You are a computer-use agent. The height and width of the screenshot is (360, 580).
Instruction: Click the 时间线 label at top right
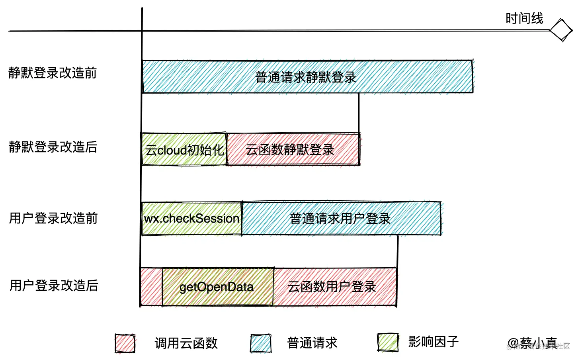[524, 18]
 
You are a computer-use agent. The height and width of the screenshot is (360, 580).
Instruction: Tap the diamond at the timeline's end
[561, 30]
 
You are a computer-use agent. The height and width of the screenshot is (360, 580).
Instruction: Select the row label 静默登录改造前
[53, 73]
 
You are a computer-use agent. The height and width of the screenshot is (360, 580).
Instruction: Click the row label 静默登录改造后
[53, 147]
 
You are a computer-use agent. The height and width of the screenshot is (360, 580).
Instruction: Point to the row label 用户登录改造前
[53, 218]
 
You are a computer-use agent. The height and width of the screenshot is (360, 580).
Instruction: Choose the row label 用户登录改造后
[54, 286]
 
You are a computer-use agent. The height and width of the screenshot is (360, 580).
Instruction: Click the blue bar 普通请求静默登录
[307, 77]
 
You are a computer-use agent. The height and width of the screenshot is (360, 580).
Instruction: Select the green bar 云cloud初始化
[184, 150]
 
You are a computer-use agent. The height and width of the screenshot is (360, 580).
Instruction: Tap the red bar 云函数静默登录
[293, 150]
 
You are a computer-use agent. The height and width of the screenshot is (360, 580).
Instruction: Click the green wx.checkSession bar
[191, 219]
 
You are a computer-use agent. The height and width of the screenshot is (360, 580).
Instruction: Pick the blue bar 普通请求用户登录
[341, 219]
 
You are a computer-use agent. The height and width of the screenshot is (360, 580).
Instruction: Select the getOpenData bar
[217, 287]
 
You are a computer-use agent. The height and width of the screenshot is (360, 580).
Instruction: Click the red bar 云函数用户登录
[334, 287]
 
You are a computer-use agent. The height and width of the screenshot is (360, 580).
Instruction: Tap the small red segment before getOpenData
[151, 287]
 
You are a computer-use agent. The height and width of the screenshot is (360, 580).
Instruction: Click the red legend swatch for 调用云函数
[125, 343]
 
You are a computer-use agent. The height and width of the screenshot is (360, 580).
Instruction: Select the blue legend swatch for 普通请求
[261, 343]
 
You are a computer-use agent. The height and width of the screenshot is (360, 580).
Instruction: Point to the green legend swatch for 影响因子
[388, 342]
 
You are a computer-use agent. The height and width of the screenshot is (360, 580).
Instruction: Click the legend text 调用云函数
[186, 343]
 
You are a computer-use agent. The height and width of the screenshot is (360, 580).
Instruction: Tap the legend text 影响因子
[433, 342]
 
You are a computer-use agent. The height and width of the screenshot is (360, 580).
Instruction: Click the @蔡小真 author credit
[532, 343]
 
